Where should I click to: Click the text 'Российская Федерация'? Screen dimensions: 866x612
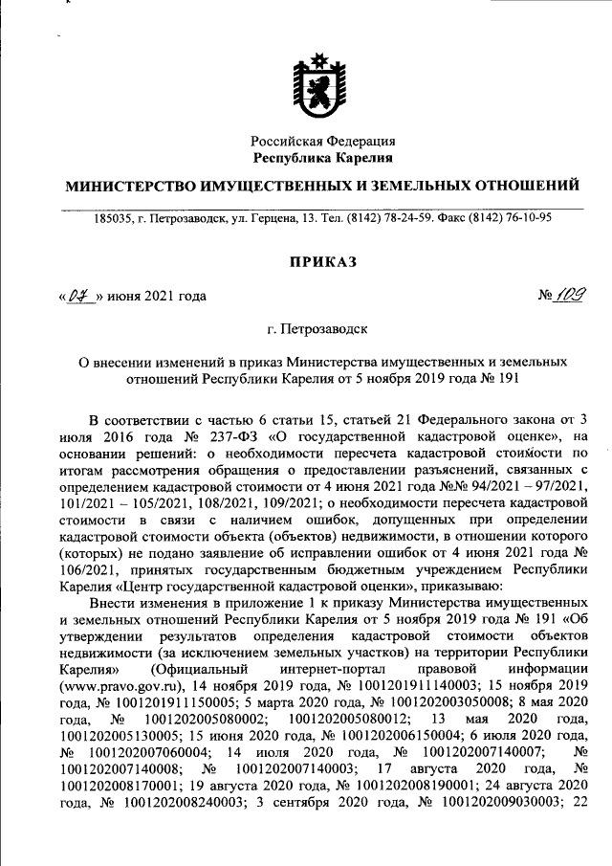[x=321, y=141]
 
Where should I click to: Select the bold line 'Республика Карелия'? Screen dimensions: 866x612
[x=321, y=157]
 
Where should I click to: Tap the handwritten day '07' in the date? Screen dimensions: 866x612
[x=80, y=296]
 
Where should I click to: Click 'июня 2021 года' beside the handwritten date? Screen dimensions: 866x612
[x=157, y=297]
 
